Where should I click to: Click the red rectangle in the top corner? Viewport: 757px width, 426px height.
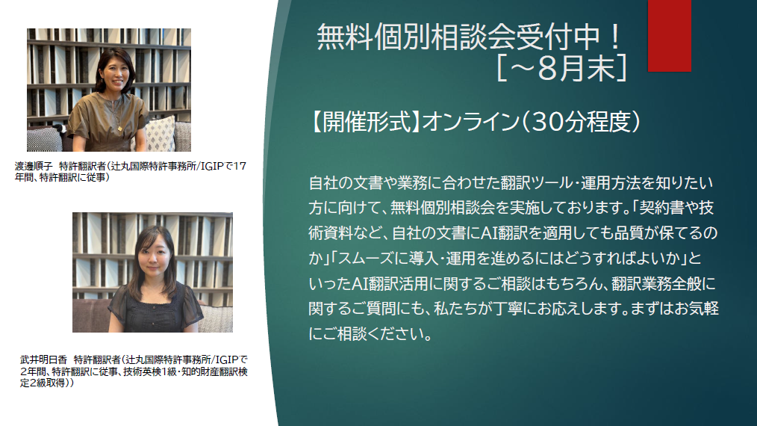669,36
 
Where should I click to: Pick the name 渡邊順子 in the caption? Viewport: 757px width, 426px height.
34,167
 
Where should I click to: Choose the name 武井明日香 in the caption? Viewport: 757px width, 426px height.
43,359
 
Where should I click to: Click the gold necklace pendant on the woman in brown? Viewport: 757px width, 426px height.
119,128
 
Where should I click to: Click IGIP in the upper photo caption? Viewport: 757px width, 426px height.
213,167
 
